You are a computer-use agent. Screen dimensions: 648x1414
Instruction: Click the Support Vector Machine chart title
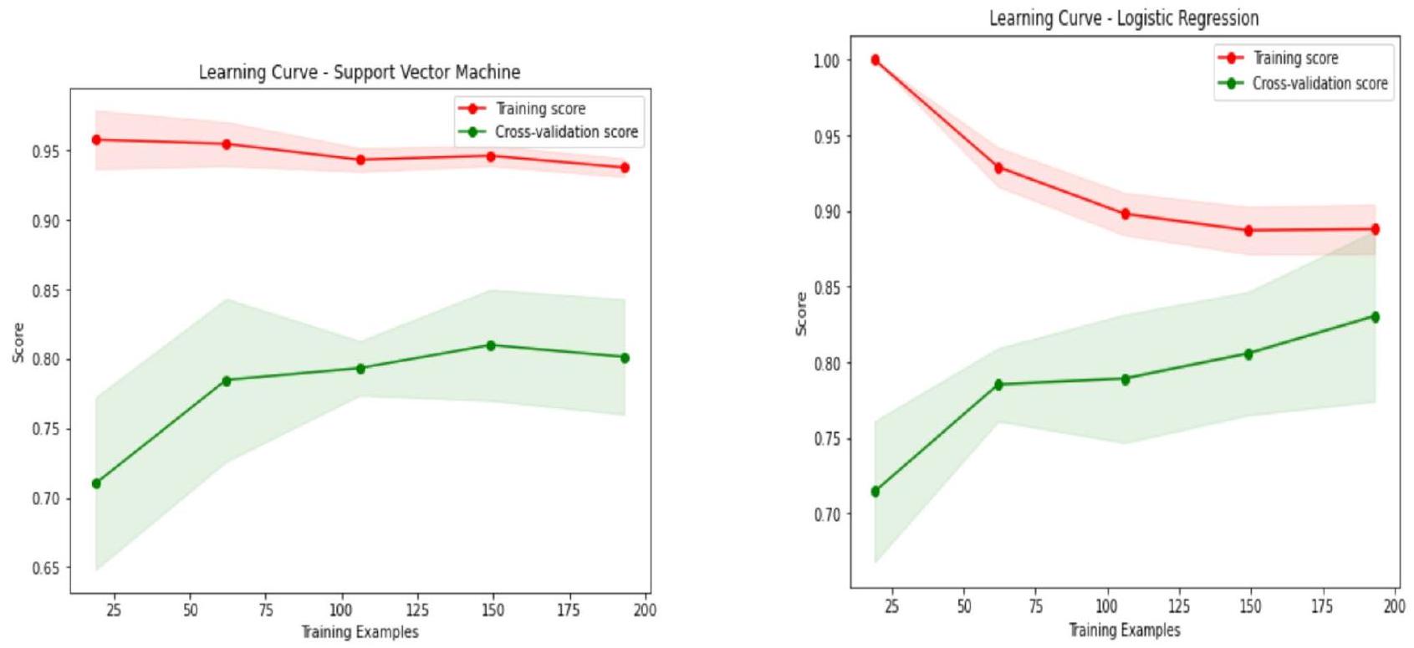(359, 73)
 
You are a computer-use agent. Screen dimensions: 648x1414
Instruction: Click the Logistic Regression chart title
(1124, 18)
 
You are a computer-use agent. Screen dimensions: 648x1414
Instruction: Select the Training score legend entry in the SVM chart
(540, 109)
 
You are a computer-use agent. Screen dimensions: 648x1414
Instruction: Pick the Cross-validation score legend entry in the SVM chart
(565, 132)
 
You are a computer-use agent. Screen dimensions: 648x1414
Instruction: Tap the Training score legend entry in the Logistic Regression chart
(1294, 58)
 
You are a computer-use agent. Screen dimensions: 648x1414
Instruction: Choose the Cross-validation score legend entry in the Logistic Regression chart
(1319, 84)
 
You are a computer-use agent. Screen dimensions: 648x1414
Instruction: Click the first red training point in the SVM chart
(96, 140)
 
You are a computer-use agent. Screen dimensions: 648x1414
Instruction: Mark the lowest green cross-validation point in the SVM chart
(96, 483)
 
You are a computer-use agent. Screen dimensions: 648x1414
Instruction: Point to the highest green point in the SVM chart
(491, 345)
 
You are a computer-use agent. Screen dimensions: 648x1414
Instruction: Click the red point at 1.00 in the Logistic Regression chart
(875, 60)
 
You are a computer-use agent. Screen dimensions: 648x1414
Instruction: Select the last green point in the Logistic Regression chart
(1375, 317)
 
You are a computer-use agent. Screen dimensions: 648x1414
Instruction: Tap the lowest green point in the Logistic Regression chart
(875, 492)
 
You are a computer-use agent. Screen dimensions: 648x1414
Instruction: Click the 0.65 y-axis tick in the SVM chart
(47, 569)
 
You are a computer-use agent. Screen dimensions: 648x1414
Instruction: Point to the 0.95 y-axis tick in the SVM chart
(47, 151)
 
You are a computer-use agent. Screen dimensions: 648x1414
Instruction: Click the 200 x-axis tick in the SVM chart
(645, 610)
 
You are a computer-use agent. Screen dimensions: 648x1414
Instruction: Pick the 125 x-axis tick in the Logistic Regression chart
(1178, 605)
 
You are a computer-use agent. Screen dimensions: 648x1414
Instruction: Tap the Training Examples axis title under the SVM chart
(360, 632)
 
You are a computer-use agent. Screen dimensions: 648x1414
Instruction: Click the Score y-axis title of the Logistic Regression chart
(801, 314)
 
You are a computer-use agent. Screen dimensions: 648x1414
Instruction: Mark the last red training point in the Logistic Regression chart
(1375, 229)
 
